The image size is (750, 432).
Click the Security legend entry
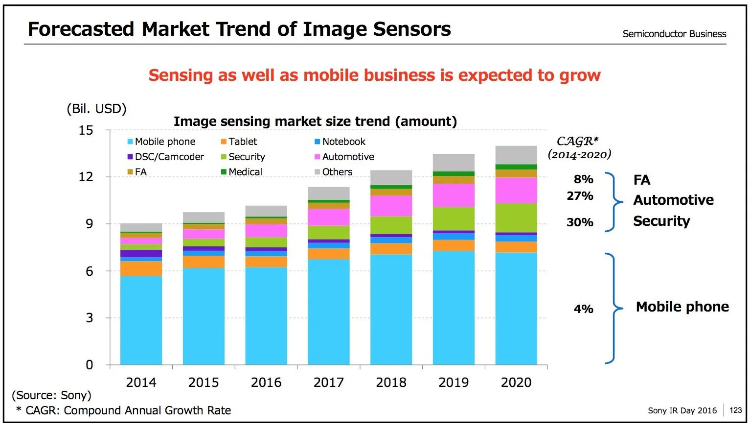(x=243, y=157)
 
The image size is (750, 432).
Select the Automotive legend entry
(x=344, y=157)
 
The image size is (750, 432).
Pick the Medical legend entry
(x=242, y=172)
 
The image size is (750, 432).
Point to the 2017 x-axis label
(x=329, y=383)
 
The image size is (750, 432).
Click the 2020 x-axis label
(x=516, y=383)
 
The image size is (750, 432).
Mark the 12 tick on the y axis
(x=86, y=177)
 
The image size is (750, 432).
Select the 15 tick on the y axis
(x=86, y=130)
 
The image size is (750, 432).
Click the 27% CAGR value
(x=580, y=196)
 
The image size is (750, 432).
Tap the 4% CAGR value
(x=584, y=309)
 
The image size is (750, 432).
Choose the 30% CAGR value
(x=580, y=222)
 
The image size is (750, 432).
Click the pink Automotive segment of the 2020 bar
(x=516, y=191)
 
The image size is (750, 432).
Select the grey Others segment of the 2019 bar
(x=454, y=163)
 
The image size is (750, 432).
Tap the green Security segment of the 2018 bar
(x=391, y=225)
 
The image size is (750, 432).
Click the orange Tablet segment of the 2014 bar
(x=141, y=268)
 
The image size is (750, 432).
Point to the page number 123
(x=735, y=410)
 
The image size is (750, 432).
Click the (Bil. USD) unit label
(x=96, y=109)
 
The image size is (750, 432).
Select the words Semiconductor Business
(x=674, y=34)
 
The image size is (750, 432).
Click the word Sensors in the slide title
(x=412, y=29)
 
